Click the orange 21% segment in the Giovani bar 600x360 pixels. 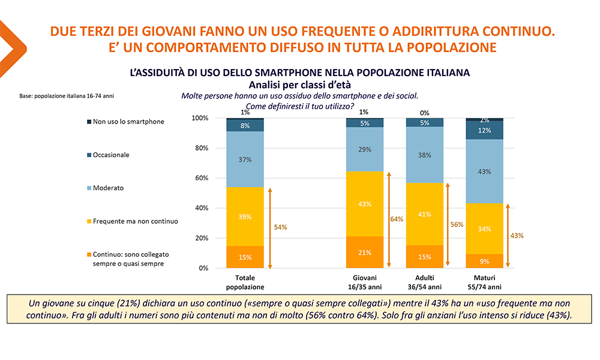[365, 252]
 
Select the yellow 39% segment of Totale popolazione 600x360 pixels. [245, 217]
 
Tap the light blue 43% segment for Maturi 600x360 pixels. [485, 171]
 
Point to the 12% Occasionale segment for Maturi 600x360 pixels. [485, 130]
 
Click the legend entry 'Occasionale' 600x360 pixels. [111, 155]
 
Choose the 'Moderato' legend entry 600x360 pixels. [108, 188]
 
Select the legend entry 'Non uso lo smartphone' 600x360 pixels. [128, 122]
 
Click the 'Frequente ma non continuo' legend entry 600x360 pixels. [135, 221]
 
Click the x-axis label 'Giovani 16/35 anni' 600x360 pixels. [365, 281]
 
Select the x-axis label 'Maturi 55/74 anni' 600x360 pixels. [485, 281]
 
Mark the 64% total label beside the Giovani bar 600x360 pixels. [397, 219]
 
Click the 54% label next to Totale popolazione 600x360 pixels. [280, 227]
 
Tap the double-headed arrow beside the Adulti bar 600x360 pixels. [449, 225]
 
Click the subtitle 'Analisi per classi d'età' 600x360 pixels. [299, 85]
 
